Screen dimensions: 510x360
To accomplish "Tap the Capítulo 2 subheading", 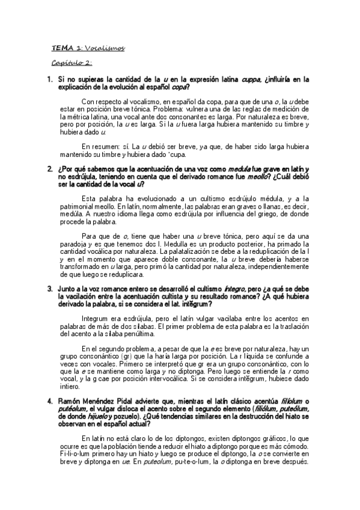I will pyautogui.click(x=71, y=62).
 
